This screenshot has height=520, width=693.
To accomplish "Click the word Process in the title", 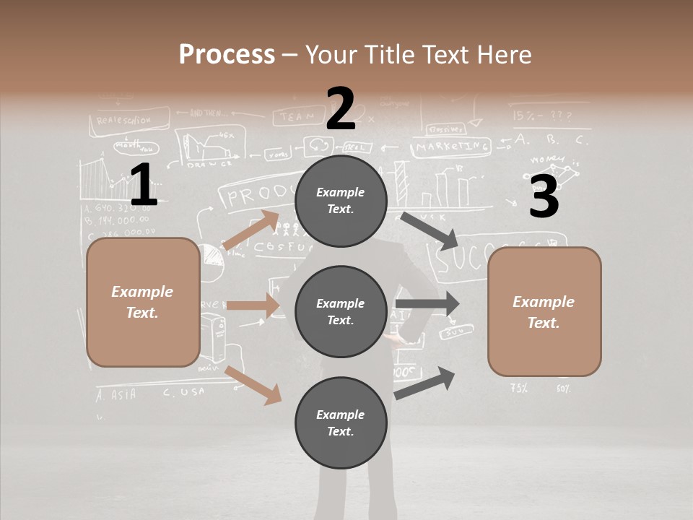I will pos(227,54).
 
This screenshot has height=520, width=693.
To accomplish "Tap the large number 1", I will pos(143,185).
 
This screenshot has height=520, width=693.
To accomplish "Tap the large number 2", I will pos(340,109).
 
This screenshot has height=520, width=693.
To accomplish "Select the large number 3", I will pos(544,197).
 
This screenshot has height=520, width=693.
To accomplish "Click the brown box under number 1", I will pos(143,302).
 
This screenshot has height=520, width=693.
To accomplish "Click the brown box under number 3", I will pos(544,312).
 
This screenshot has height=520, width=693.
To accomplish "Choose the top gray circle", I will pos(341,201).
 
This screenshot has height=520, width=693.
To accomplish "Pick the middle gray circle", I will pos(341,311).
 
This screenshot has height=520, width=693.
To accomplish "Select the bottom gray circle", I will pos(341,422).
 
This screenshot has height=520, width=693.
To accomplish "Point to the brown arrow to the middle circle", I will pos(253,305).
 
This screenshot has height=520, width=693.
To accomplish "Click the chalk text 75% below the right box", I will pos(518,388).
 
